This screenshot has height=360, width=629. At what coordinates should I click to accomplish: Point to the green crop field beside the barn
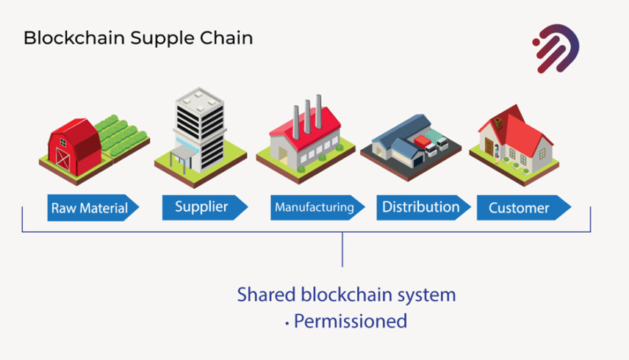121,134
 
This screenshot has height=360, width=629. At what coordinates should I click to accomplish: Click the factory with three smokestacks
305,140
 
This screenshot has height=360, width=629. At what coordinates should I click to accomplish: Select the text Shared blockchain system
346,295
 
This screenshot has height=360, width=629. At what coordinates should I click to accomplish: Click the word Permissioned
351,321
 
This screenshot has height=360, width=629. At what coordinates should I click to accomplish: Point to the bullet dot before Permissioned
286,323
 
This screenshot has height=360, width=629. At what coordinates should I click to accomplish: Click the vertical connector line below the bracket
342,250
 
